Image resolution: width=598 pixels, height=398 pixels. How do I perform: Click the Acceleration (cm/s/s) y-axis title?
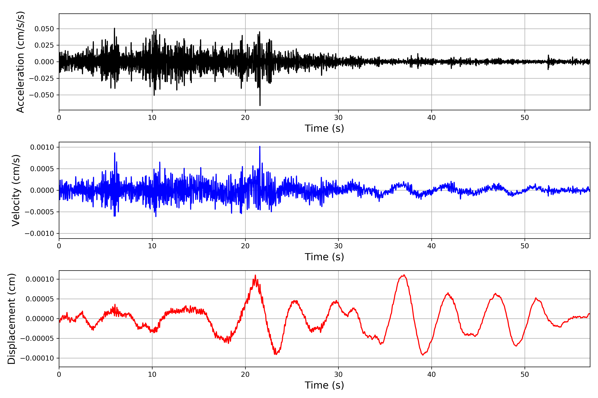tap(20, 62)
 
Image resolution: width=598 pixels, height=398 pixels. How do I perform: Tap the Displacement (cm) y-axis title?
tap(11, 319)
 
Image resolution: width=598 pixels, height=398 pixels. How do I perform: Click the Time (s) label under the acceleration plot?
tap(324, 128)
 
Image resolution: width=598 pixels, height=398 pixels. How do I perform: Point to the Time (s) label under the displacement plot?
tap(324, 385)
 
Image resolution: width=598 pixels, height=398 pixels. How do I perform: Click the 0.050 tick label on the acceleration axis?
tap(44, 29)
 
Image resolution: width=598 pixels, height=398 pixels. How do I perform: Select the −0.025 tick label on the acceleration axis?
tap(41, 78)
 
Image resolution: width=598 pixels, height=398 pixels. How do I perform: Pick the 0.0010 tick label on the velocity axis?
tap(42, 147)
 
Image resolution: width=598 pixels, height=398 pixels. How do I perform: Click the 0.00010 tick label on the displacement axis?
tap(40, 279)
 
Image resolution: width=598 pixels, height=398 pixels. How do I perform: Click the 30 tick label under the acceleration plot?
tap(338, 118)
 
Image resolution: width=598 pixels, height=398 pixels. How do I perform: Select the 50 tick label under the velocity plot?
tap(525, 246)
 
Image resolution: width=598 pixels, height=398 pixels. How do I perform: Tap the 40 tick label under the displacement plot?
tap(431, 374)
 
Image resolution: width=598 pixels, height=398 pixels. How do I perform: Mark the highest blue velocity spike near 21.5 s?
tap(260, 147)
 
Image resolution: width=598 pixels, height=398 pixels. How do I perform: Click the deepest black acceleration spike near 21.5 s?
tap(260, 105)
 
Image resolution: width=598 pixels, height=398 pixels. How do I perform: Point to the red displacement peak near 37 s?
tap(404, 275)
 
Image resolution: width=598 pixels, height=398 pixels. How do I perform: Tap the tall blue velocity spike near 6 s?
tap(115, 153)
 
